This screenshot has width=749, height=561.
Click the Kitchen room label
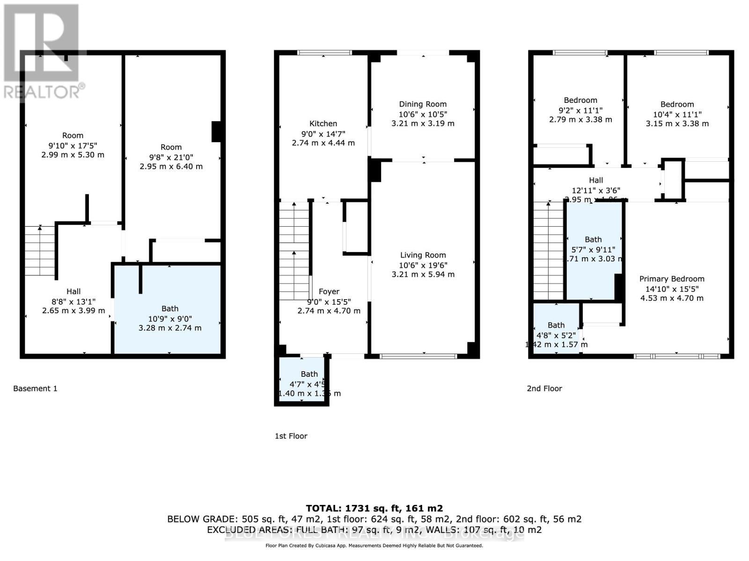click(x=323, y=123)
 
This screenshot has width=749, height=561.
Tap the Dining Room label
click(x=423, y=104)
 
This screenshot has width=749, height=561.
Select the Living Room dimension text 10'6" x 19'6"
click(x=423, y=265)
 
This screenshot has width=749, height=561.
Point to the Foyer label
click(x=329, y=292)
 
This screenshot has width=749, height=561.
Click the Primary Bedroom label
click(x=672, y=279)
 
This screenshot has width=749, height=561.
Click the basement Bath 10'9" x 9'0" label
click(x=170, y=309)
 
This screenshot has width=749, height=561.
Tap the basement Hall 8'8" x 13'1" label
click(x=73, y=292)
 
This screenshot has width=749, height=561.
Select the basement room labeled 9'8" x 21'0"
click(x=171, y=147)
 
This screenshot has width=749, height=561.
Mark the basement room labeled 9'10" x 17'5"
click(x=73, y=136)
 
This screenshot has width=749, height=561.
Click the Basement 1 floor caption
click(x=35, y=388)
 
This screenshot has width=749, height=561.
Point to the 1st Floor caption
click(x=291, y=436)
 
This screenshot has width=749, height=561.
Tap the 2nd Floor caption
click(x=544, y=388)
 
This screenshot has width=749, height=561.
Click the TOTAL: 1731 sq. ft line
click(x=374, y=508)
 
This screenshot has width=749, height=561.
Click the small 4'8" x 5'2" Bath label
click(x=556, y=325)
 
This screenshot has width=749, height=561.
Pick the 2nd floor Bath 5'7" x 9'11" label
click(x=593, y=239)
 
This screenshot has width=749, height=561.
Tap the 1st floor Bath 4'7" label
click(x=309, y=374)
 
